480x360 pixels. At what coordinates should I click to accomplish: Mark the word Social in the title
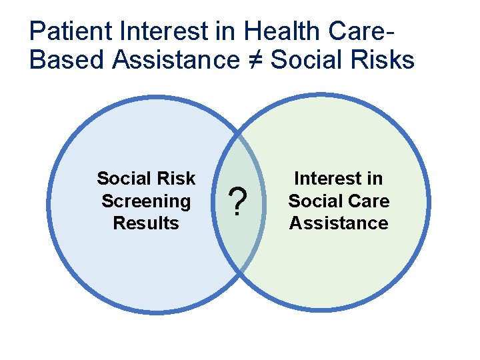(306, 60)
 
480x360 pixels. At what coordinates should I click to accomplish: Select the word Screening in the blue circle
(146, 201)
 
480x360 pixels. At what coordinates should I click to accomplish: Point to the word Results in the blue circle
(146, 223)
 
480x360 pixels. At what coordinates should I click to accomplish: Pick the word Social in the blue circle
(124, 179)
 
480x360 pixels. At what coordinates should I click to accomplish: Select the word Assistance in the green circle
(339, 223)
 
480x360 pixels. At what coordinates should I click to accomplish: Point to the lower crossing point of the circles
(240, 272)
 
